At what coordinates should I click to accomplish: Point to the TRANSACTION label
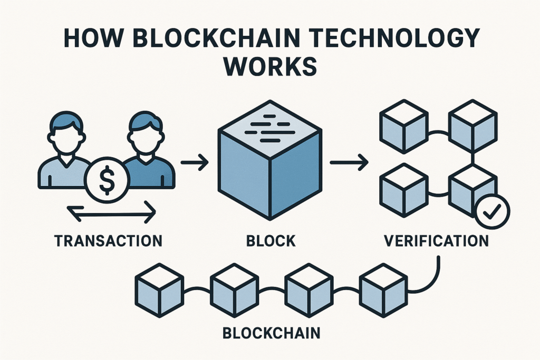click(x=108, y=242)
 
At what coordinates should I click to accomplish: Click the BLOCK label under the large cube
click(x=271, y=242)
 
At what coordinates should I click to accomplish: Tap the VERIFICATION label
click(x=436, y=242)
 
